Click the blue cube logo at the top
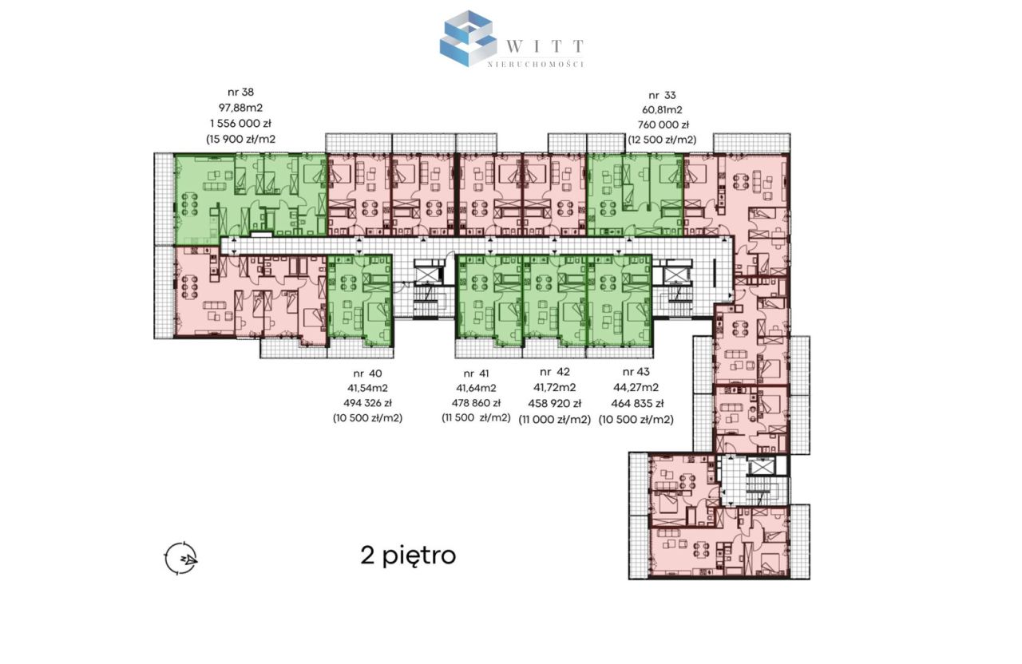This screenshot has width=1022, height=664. pos(468,38)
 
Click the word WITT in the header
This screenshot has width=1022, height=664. pos(545,46)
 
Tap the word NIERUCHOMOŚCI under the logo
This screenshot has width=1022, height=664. pos(536,65)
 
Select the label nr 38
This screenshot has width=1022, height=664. pos(240,92)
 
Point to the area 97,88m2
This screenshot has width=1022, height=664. pos(240,108)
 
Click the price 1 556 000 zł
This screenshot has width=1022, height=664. pos(240,123)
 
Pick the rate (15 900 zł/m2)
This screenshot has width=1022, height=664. pos(240,139)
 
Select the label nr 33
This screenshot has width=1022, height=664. pos(662,95)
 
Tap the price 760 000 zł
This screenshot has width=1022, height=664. pos(663,125)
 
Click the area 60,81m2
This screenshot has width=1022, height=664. pos(662,110)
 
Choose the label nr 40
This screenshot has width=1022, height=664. pos(368,373)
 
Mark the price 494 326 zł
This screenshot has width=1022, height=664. pos(368,403)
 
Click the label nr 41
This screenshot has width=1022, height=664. pos(476,373)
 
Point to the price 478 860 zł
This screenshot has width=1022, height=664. pos(476,403)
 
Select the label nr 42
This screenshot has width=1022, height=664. pos(555,372)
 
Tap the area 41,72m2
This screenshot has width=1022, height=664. pos(555,388)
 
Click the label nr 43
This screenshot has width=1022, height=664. pos(636,372)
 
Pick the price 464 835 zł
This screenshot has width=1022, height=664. pos(636,404)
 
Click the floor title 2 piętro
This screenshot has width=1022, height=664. pos(408,556)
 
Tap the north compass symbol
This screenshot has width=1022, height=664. pos(180,558)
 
